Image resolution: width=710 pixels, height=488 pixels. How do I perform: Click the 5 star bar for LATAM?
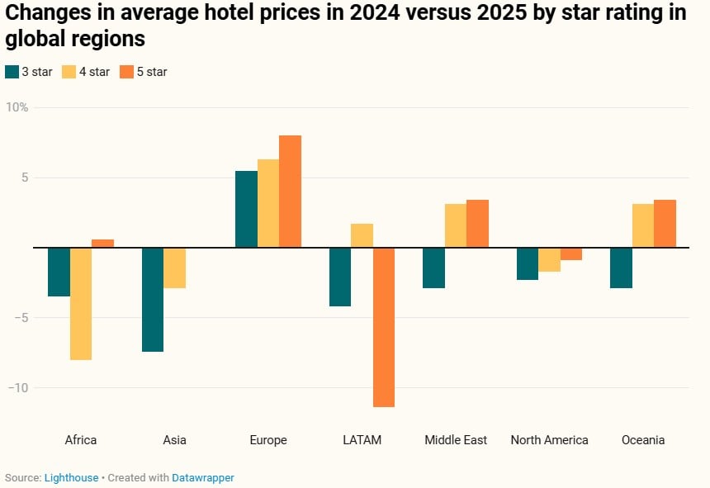[x=384, y=327]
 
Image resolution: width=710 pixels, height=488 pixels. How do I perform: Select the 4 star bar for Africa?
[x=81, y=304]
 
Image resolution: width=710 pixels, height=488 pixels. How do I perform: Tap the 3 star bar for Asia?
[x=153, y=300]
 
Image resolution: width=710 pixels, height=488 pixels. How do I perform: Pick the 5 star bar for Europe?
[x=290, y=192]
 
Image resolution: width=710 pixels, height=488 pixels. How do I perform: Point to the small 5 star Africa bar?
[x=102, y=244]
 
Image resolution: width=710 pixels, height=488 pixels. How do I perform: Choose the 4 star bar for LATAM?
[x=362, y=236]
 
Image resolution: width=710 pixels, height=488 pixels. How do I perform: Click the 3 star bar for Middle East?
[x=433, y=268]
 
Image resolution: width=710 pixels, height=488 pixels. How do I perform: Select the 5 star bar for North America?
[x=571, y=254]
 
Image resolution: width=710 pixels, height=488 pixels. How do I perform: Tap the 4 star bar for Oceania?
[x=643, y=225]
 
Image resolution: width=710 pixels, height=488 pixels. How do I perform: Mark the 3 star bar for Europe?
[x=246, y=209]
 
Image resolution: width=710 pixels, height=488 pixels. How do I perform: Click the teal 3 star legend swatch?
[x=12, y=72]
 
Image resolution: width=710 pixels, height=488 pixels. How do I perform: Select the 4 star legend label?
[x=93, y=72]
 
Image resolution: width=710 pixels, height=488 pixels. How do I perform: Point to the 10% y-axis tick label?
[x=17, y=107]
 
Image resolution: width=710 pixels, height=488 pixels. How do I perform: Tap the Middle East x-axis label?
[x=456, y=440]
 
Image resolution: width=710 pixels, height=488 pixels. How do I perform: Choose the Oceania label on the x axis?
[x=643, y=440]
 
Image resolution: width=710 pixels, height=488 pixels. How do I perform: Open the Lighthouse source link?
[x=71, y=477]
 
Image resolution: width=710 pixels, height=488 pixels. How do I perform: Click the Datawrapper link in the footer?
[x=203, y=477]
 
